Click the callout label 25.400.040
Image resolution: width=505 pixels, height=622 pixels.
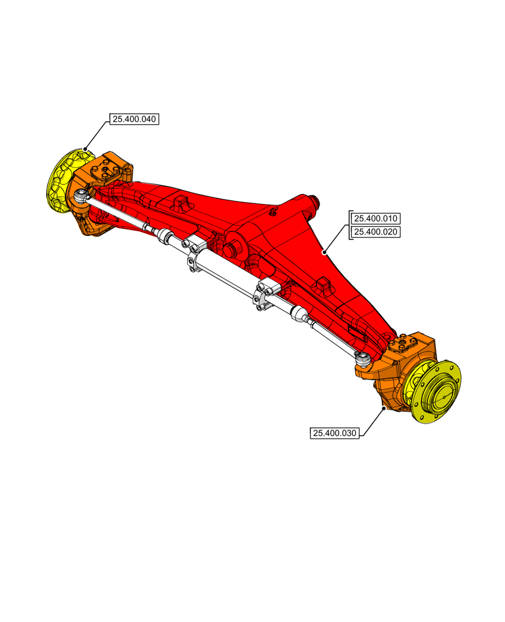(x=134, y=119)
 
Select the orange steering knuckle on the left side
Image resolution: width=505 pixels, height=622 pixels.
(x=93, y=205)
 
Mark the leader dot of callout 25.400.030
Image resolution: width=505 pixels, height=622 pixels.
(x=384, y=409)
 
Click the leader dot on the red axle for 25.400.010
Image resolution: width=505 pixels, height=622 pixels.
(x=325, y=253)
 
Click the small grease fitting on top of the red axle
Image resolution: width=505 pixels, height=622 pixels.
(x=272, y=211)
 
